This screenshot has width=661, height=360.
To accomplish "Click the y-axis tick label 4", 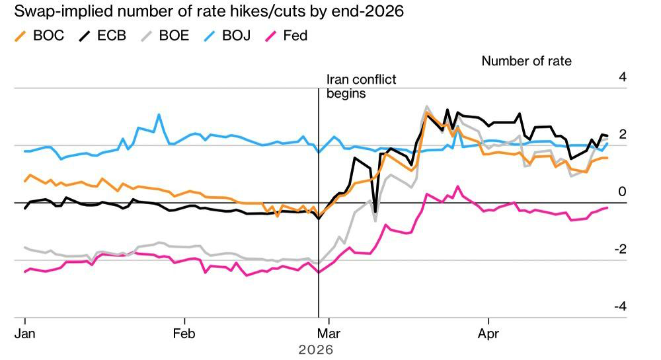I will coord(622,77).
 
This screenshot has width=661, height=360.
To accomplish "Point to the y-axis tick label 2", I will coord(622,135).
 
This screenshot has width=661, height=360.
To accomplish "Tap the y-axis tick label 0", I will coord(622,192).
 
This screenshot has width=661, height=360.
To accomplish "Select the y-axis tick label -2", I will coord(619,250).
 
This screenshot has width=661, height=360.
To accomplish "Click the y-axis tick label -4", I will coord(619,307).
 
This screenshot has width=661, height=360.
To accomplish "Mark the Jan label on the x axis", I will coord(24,333).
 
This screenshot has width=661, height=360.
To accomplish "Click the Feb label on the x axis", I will coord(184,333).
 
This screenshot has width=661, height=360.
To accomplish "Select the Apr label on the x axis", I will coord(488,333).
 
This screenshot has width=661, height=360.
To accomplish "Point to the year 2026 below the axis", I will coord(316,349).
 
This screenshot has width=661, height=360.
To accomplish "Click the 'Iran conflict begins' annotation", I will coord(361,87).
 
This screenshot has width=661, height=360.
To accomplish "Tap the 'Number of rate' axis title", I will coord(526,61).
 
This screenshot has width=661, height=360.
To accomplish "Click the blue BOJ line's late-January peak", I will coord(159,115).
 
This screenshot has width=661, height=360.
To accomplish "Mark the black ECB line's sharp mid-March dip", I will coord(375,212).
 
